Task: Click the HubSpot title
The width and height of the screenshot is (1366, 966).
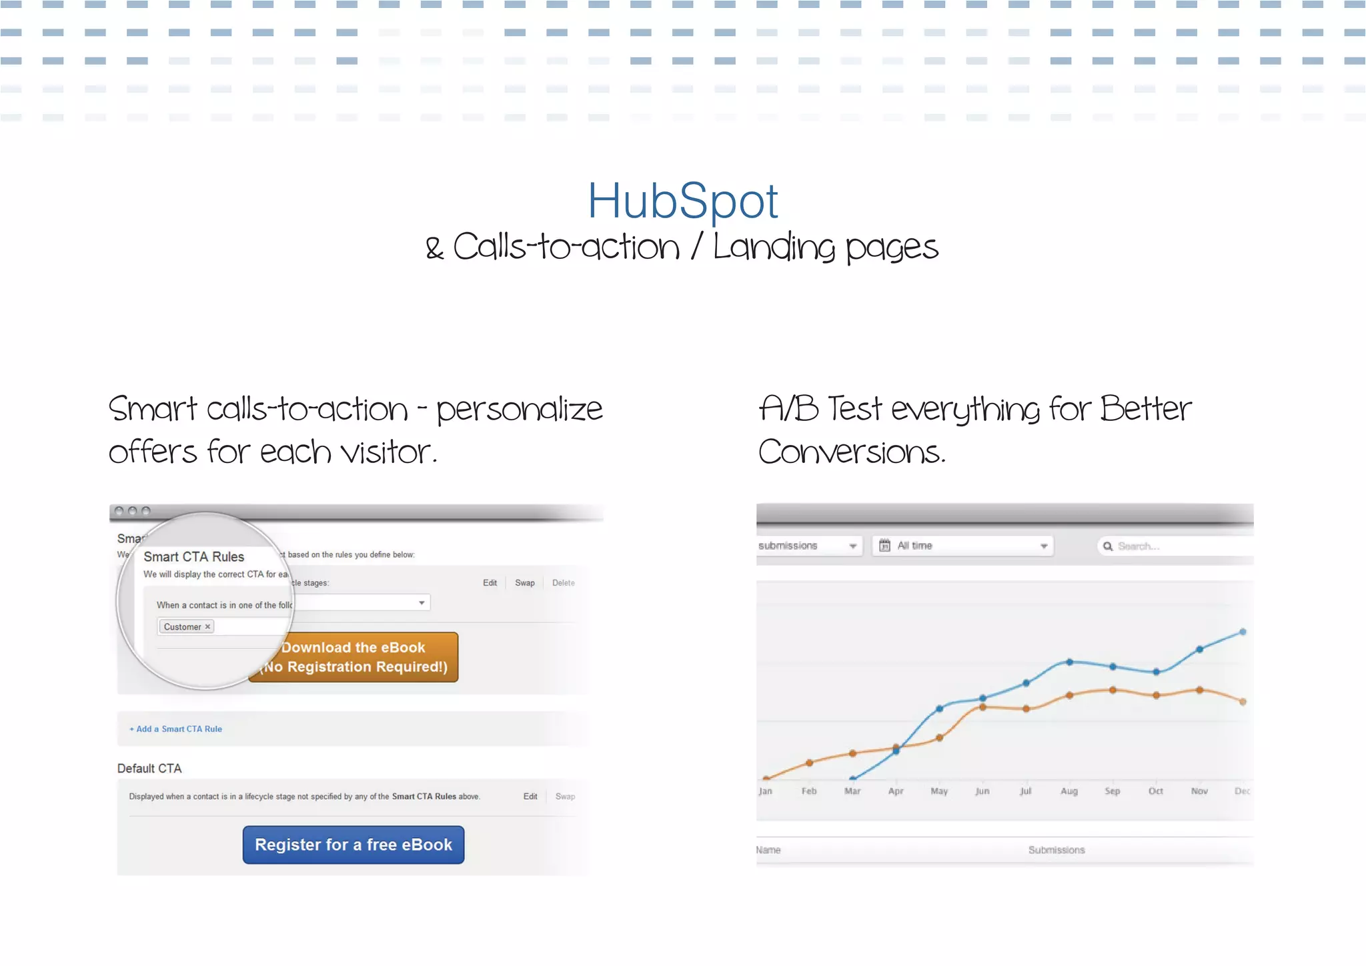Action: tap(682, 201)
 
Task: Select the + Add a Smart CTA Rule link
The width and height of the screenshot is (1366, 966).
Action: tap(176, 729)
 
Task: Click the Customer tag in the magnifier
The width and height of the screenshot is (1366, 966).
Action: tap(185, 627)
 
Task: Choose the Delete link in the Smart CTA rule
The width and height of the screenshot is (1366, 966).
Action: tap(563, 583)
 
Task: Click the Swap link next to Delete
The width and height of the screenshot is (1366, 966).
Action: tap(524, 583)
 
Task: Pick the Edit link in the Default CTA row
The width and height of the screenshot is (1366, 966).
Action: tap(530, 797)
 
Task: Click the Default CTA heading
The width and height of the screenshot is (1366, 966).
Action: tap(149, 769)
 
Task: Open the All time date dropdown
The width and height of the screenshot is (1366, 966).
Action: tap(962, 546)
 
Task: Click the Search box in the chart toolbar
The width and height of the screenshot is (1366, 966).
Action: tap(1174, 546)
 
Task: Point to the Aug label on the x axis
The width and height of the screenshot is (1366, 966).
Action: tap(1069, 791)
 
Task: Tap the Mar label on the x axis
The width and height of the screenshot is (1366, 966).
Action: tap(852, 791)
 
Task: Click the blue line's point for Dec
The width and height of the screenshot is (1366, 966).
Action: tap(1243, 632)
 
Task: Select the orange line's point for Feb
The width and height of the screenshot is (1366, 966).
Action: tap(809, 763)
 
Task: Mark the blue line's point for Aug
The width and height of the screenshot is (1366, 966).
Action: tap(1069, 662)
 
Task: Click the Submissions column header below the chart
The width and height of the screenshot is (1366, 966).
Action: tap(1057, 850)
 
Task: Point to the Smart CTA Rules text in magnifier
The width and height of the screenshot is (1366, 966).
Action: tap(194, 557)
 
